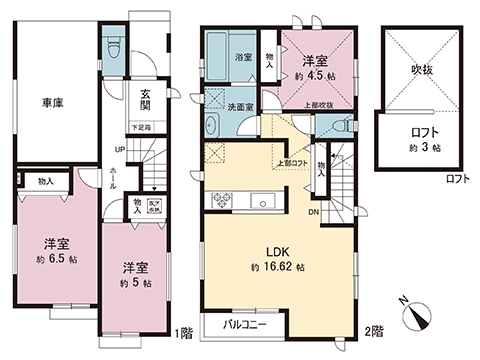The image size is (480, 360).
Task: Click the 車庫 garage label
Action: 54,103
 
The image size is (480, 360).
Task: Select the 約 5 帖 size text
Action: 137,283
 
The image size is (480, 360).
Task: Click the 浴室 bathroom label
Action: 242,58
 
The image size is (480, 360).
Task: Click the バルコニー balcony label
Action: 236,328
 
